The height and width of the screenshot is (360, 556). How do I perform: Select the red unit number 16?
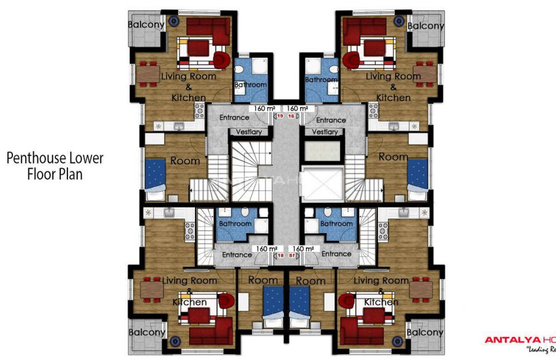coord(291,116)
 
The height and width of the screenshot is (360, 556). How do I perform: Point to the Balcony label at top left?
coord(146,24)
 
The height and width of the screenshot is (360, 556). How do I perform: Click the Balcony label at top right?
coord(426,26)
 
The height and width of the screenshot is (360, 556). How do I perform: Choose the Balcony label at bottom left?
coord(147,332)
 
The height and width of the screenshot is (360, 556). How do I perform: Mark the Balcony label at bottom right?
coord(425,333)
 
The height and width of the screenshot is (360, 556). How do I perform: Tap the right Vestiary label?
coord(326,132)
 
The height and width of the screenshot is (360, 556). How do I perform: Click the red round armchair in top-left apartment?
coord(222,60)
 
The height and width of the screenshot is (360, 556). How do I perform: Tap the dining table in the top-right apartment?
coord(426,74)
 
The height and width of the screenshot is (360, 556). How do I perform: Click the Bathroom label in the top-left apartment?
coord(251,85)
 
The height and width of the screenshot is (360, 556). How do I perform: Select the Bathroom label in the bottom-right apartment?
coord(336,224)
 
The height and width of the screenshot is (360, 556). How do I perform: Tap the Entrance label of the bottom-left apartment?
coord(237,254)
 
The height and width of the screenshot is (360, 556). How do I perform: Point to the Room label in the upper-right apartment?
coord(393,157)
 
